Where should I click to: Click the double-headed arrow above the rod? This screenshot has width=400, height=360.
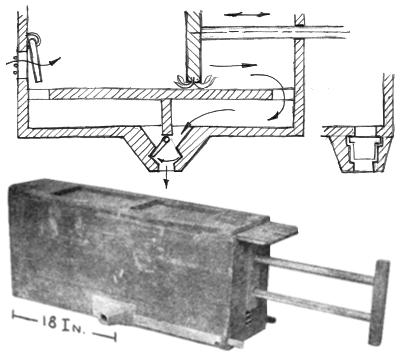click(x=247, y=14)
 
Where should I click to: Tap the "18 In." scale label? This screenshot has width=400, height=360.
click(x=64, y=323)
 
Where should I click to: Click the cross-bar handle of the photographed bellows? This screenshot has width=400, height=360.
click(x=379, y=302)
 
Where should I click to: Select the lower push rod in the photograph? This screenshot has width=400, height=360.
click(x=313, y=304)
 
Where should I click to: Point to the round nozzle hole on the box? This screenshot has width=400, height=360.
click(x=104, y=318)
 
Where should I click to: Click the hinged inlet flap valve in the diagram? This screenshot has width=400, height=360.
click(x=35, y=57)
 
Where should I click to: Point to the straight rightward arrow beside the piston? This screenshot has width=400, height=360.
click(x=233, y=65)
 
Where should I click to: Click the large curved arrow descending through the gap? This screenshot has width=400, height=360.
click(x=272, y=97)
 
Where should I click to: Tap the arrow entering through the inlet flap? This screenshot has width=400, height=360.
click(x=33, y=62)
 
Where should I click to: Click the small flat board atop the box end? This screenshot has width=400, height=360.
click(x=267, y=232)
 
